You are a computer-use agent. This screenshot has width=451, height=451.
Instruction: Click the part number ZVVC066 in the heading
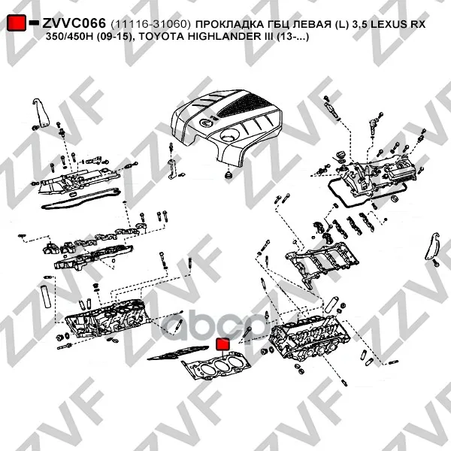click(74, 23)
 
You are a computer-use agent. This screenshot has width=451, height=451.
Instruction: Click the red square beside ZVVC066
click(17, 23)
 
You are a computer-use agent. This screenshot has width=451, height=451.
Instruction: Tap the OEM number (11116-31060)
click(150, 24)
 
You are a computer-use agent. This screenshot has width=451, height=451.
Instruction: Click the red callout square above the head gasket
click(222, 344)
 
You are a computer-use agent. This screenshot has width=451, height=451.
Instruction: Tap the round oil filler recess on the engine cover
click(230, 135)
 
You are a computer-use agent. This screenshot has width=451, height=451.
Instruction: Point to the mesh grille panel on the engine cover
click(244, 105)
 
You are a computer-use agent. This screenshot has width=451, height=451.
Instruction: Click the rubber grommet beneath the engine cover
click(229, 174)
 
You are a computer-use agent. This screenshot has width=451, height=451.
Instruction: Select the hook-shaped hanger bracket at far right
click(432, 247)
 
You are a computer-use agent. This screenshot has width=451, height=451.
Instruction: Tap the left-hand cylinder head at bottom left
click(107, 318)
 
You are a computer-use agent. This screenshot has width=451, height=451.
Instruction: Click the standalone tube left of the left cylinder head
click(46, 296)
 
